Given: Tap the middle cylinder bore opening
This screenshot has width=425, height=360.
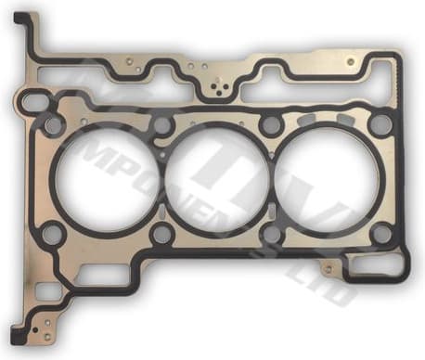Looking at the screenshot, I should point(215,178).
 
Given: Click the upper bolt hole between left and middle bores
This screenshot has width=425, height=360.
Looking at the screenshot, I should point(162,125).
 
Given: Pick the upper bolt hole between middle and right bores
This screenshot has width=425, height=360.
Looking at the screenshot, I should point(270,125).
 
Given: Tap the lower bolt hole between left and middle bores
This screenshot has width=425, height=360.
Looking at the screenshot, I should point(161,233).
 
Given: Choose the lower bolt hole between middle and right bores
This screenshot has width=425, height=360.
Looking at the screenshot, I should point(272,233).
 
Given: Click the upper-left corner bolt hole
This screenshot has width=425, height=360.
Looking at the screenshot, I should point(54,123).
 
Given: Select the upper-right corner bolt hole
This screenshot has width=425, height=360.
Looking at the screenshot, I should point(379,124).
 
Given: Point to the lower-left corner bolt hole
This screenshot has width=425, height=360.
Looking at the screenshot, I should point(53,232).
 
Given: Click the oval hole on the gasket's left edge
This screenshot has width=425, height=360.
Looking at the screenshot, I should point(32,99).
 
